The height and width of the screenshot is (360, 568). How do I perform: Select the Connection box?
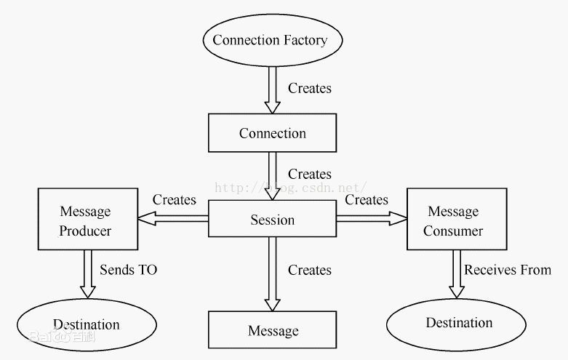[x=273, y=133]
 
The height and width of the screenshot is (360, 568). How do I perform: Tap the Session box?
[x=273, y=219]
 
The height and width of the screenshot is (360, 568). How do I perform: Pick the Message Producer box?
[x=88, y=219]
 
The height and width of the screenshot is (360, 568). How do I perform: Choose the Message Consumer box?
[x=457, y=219]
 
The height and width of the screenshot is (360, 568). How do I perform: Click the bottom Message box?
[x=273, y=329]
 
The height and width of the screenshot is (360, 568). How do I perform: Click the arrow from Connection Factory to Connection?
[x=273, y=90]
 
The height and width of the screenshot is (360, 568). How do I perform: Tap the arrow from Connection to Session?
[x=273, y=177]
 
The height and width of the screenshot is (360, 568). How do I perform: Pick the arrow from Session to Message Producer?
[x=173, y=219]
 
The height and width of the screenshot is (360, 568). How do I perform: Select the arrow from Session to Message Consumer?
[x=372, y=218]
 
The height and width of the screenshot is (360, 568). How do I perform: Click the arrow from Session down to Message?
[x=273, y=274]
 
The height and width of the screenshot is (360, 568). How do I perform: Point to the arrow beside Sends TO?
[x=88, y=274]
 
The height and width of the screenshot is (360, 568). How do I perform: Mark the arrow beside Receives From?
[x=457, y=274]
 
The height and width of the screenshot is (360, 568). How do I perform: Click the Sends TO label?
[x=129, y=270]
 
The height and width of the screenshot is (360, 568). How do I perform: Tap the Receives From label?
[x=508, y=270]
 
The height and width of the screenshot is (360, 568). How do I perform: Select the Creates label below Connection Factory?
[x=310, y=88]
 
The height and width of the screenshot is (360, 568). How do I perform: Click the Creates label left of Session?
[x=175, y=199]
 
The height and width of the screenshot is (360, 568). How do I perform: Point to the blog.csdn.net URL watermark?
[x=290, y=188]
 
